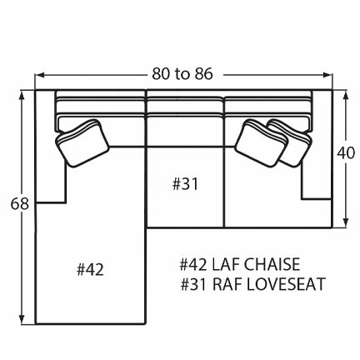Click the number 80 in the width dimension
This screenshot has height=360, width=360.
pos(162,73)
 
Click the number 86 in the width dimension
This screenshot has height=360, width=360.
pos(204,73)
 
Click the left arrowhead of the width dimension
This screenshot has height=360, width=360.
pos(37,74)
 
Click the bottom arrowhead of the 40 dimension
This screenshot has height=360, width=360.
pos(344,223)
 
